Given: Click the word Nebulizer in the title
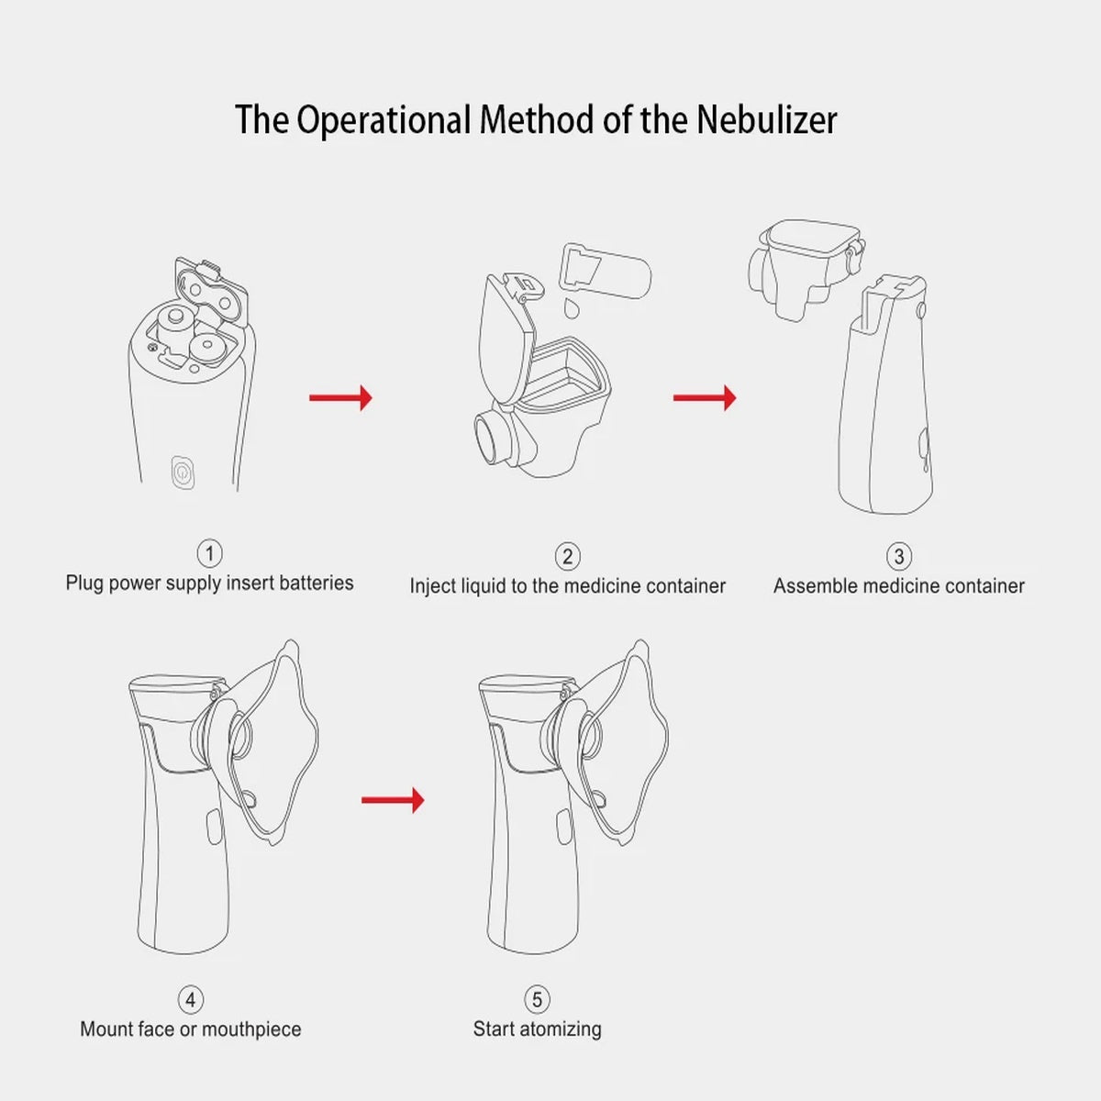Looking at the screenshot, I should pyautogui.click(x=766, y=120).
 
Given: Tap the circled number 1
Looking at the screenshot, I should pyautogui.click(x=209, y=553).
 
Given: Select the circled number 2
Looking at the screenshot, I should pyautogui.click(x=567, y=556).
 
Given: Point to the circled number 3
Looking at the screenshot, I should pyautogui.click(x=898, y=556).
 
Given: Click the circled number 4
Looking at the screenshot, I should pyautogui.click(x=190, y=999).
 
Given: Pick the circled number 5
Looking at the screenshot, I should pyautogui.click(x=537, y=999).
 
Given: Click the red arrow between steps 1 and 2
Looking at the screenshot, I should pyautogui.click(x=340, y=397).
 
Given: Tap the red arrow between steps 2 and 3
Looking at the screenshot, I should pyautogui.click(x=705, y=397).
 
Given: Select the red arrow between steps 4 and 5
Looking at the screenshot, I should pyautogui.click(x=393, y=800).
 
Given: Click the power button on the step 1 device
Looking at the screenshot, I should pyautogui.click(x=183, y=473).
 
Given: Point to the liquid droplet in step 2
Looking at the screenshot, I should pyautogui.click(x=572, y=306).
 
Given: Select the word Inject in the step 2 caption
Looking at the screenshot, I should pyautogui.click(x=432, y=585).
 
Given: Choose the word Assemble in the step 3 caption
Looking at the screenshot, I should pyautogui.click(x=815, y=585).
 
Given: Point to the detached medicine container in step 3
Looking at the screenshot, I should pyautogui.click(x=805, y=266).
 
